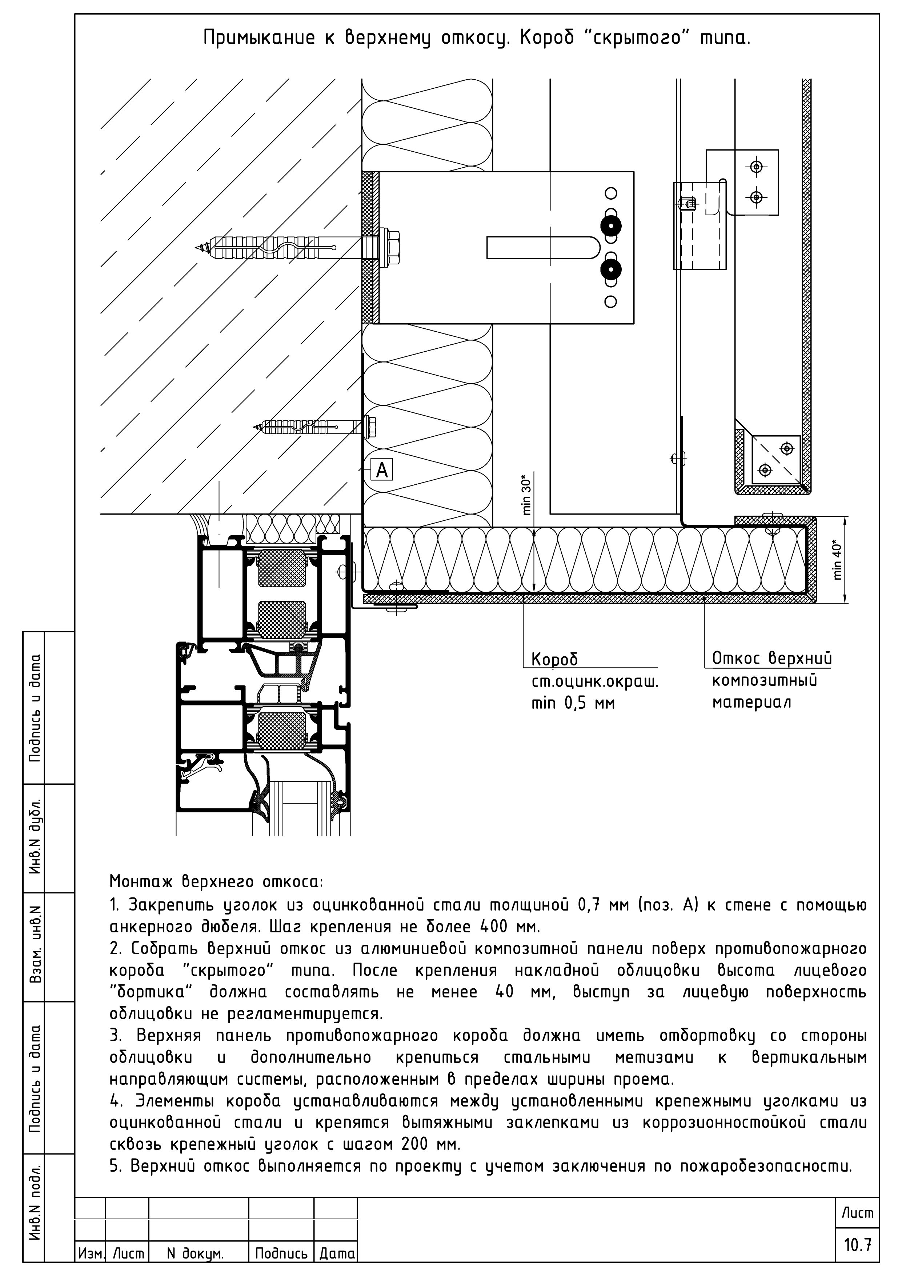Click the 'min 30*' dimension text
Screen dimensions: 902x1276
coord(527,493)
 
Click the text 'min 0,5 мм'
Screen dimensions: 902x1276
coord(573,704)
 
